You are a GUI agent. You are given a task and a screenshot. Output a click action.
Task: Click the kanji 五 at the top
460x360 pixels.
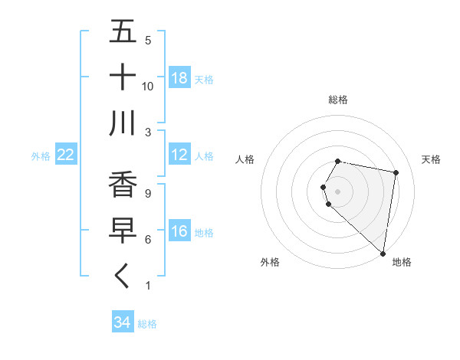click(123, 32)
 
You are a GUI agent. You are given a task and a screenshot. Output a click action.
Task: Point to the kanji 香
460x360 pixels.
click(123, 185)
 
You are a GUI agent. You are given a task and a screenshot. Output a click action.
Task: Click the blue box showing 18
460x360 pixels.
click(179, 78)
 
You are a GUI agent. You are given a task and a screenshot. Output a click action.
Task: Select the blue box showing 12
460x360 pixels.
click(179, 155)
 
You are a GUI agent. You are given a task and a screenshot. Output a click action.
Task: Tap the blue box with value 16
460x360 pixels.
click(179, 231)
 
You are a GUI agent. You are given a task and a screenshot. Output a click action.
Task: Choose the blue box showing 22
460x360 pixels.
click(65, 155)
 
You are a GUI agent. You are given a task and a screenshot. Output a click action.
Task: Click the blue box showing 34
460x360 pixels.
click(122, 322)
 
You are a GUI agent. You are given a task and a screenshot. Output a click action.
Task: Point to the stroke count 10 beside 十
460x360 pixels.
click(148, 86)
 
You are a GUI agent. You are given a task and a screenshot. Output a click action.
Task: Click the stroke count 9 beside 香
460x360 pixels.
click(148, 193)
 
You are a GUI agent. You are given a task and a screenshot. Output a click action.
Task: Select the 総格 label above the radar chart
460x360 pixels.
click(338, 100)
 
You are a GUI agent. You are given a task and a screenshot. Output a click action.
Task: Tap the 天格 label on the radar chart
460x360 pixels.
click(432, 159)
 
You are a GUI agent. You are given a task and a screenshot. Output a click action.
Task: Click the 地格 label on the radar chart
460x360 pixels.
click(402, 262)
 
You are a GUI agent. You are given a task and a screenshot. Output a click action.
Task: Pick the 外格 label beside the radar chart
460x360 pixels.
click(270, 262)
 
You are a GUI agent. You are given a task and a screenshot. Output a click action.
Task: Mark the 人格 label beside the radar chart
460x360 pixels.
click(245, 159)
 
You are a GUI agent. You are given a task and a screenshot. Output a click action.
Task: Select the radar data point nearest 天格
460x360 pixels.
click(396, 173)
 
